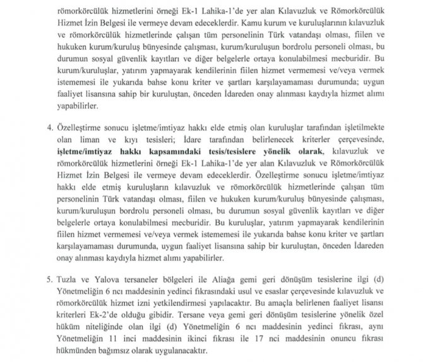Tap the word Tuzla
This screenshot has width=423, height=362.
[x=48, y=279]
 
